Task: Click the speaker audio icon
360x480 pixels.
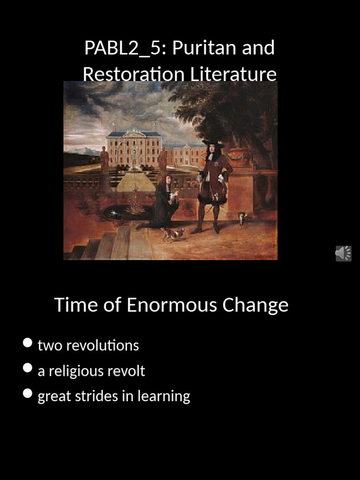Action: click(x=343, y=253)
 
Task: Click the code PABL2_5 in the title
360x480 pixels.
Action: click(x=121, y=48)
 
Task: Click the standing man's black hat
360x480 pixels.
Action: click(x=213, y=142)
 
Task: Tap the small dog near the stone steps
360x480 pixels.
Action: click(x=172, y=233)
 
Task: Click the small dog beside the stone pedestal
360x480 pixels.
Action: click(x=242, y=218)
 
